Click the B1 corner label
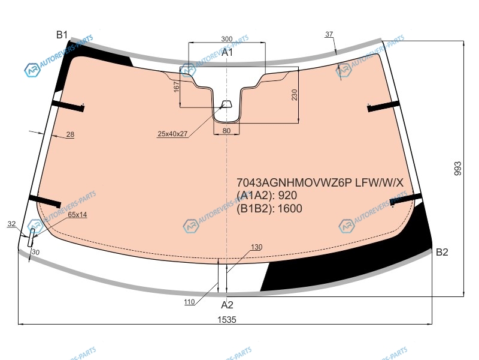click(x=62, y=35)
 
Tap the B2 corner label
click(x=442, y=252)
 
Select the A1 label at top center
click(x=227, y=52)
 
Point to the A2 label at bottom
click(x=227, y=305)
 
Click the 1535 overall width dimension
click(x=227, y=320)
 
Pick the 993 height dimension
click(x=458, y=169)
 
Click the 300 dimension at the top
click(x=227, y=39)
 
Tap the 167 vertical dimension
click(x=176, y=86)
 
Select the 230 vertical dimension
click(x=294, y=95)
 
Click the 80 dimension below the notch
click(x=226, y=131)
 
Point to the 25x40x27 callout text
click(x=172, y=134)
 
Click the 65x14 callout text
click(x=77, y=215)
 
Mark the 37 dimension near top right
click(x=329, y=34)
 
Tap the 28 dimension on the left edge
click(x=70, y=134)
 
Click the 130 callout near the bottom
click(x=257, y=247)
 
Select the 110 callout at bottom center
click(x=189, y=302)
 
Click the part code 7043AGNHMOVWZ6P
click(x=295, y=183)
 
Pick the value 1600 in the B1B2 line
click(x=290, y=208)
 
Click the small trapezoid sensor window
click(x=226, y=104)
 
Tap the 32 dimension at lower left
click(x=11, y=224)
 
